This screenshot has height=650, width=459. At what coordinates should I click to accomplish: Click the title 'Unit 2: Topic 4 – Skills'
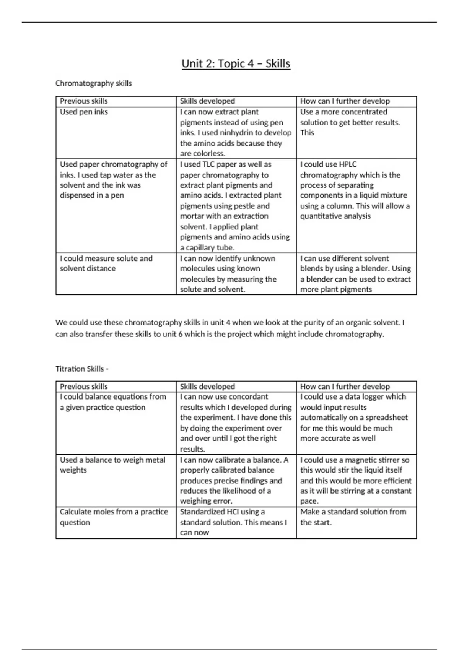click(236, 63)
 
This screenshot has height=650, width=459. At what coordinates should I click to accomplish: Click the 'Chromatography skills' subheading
click(93, 83)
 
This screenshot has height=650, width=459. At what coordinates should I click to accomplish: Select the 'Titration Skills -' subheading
click(82, 369)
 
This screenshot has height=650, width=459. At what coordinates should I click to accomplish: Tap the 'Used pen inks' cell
click(84, 112)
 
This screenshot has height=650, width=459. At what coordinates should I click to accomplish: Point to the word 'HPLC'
click(348, 164)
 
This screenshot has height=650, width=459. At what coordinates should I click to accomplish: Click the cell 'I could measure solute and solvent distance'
click(106, 263)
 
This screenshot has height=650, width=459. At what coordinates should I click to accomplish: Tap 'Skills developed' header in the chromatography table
click(207, 101)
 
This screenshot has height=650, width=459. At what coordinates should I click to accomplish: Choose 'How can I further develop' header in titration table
click(345, 387)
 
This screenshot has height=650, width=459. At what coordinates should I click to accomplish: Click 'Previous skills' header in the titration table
click(84, 387)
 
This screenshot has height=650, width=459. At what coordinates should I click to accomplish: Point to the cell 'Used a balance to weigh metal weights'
click(112, 465)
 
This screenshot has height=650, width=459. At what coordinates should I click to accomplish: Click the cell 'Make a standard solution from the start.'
click(353, 517)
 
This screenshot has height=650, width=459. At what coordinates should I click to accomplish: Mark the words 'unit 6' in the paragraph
click(173, 334)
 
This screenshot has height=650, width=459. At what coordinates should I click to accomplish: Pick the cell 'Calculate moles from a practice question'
click(114, 517)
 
